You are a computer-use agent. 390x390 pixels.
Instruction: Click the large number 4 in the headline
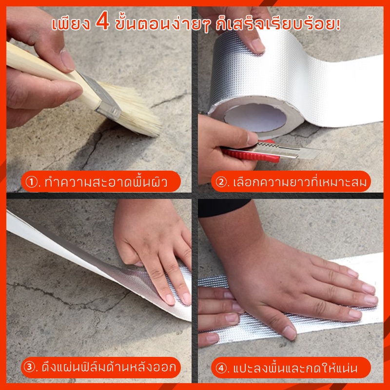click(102, 21)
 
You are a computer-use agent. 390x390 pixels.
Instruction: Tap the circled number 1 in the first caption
click(32, 182)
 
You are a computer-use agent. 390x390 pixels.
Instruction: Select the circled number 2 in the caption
click(221, 182)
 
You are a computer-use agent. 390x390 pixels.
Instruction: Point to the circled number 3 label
click(29, 367)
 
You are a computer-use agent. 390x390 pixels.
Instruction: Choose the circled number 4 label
click(221, 368)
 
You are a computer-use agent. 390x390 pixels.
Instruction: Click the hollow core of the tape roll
click(255, 117)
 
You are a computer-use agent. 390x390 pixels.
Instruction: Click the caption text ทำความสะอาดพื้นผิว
click(106, 182)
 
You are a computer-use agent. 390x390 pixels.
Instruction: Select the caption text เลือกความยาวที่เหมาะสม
click(300, 182)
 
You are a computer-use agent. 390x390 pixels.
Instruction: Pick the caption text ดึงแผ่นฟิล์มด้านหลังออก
click(109, 367)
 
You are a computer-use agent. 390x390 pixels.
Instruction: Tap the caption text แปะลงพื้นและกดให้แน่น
click(295, 368)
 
